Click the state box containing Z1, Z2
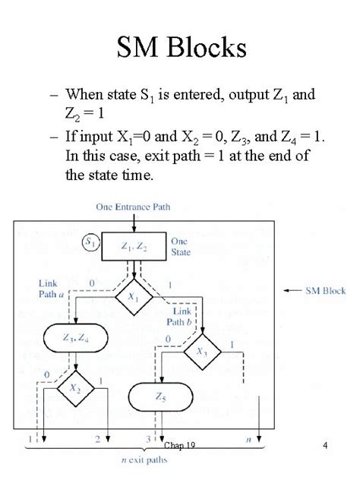(133, 245)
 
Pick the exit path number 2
(98, 439)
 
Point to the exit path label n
(248, 439)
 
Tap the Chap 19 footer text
(179, 446)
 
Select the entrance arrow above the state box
(134, 223)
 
